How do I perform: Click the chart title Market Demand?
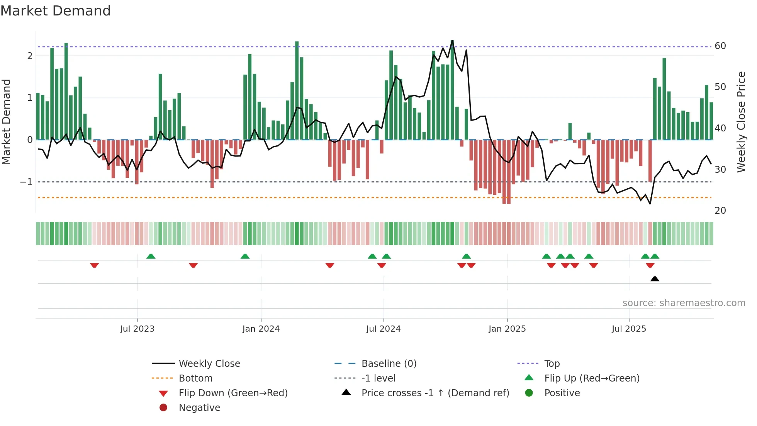(x=56, y=11)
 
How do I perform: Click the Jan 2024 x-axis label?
(x=261, y=329)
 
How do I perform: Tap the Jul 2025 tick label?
(x=628, y=329)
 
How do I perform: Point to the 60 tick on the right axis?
(x=720, y=46)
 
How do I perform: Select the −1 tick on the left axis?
(x=26, y=182)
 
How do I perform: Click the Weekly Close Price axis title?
(x=741, y=122)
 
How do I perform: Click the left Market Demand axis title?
(x=6, y=122)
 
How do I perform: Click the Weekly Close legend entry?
(x=209, y=364)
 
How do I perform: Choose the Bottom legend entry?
(x=195, y=378)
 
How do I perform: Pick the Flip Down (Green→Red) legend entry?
(x=233, y=393)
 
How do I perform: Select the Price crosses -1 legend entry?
(x=435, y=393)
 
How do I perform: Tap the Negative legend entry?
(x=199, y=408)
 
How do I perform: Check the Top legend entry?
(x=552, y=364)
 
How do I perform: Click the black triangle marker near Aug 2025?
(x=654, y=279)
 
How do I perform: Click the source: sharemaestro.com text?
(x=684, y=303)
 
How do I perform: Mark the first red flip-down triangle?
(x=94, y=265)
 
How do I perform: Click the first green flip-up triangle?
(x=151, y=256)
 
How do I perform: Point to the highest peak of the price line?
(x=452, y=41)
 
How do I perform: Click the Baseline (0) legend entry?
(x=389, y=364)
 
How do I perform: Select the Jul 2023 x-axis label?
(x=137, y=329)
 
